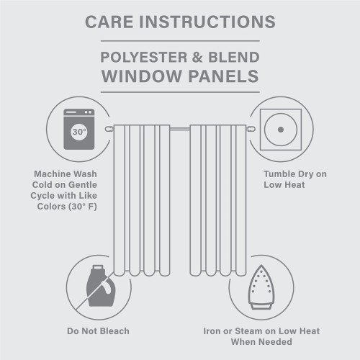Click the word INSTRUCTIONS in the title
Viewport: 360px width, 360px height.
pyautogui.click(x=209, y=22)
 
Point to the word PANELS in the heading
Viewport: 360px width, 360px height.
pyautogui.click(x=220, y=77)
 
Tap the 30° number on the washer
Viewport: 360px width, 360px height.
pyautogui.click(x=78, y=132)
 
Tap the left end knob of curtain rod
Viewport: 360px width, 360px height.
pyautogui.click(x=108, y=128)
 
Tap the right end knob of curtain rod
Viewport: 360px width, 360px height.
pyautogui.click(x=250, y=128)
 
